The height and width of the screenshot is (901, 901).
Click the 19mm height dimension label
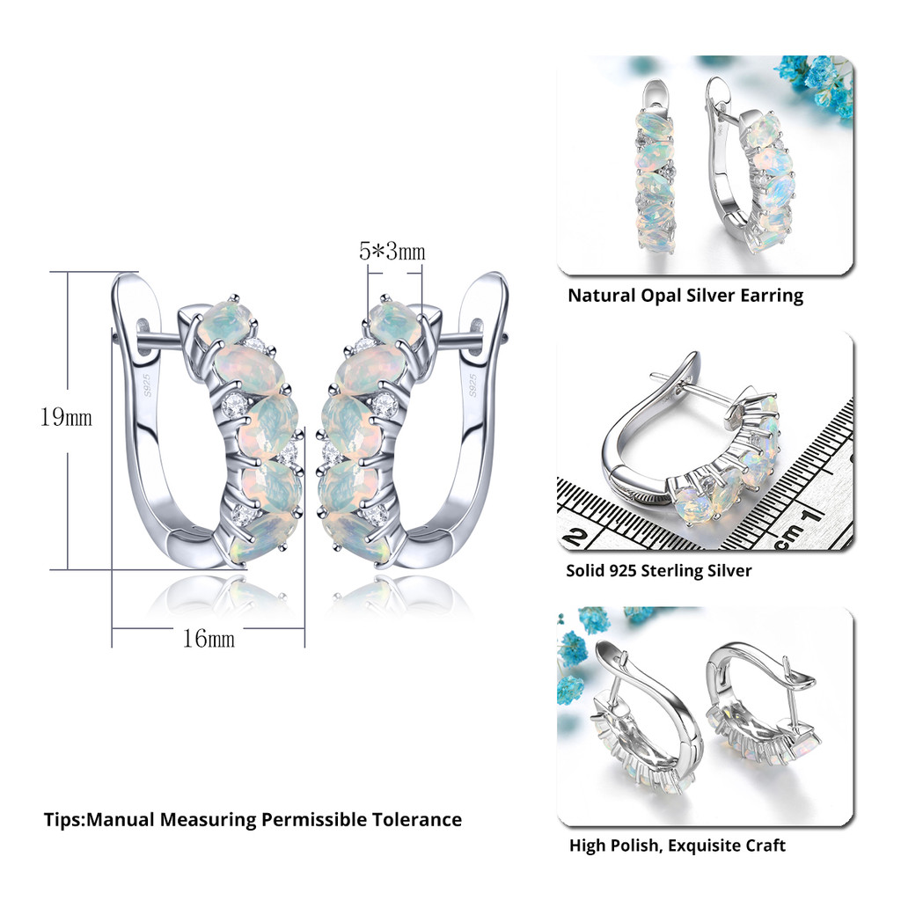[x=66, y=417]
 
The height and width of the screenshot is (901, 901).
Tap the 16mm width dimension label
[x=209, y=639]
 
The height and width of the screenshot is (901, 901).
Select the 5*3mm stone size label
[x=392, y=251]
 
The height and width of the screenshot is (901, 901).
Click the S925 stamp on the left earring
[x=147, y=385]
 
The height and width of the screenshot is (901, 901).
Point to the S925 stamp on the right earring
[x=472, y=385]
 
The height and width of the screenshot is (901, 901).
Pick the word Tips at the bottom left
[x=63, y=819]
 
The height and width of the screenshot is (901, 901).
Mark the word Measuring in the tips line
[x=208, y=820]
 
